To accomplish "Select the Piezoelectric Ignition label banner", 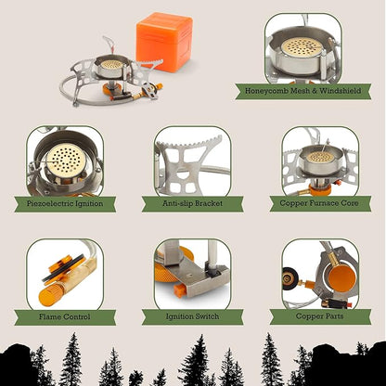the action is click(x=65, y=204).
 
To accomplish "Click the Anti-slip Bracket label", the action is click(x=192, y=203).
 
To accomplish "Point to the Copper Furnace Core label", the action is click(x=319, y=203).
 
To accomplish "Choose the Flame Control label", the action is click(x=65, y=317).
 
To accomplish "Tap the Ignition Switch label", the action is click(x=192, y=316).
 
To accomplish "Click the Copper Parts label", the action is click(x=320, y=316).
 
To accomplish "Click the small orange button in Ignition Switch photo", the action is click(x=179, y=290).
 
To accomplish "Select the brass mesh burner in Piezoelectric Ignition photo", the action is click(x=66, y=160).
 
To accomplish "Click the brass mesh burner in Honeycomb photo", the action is click(x=302, y=47).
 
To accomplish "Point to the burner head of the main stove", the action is click(x=111, y=64).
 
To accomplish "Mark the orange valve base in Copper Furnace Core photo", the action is click(x=320, y=189).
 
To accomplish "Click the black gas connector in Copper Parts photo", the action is click(x=289, y=278).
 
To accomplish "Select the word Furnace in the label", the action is click(x=319, y=203).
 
